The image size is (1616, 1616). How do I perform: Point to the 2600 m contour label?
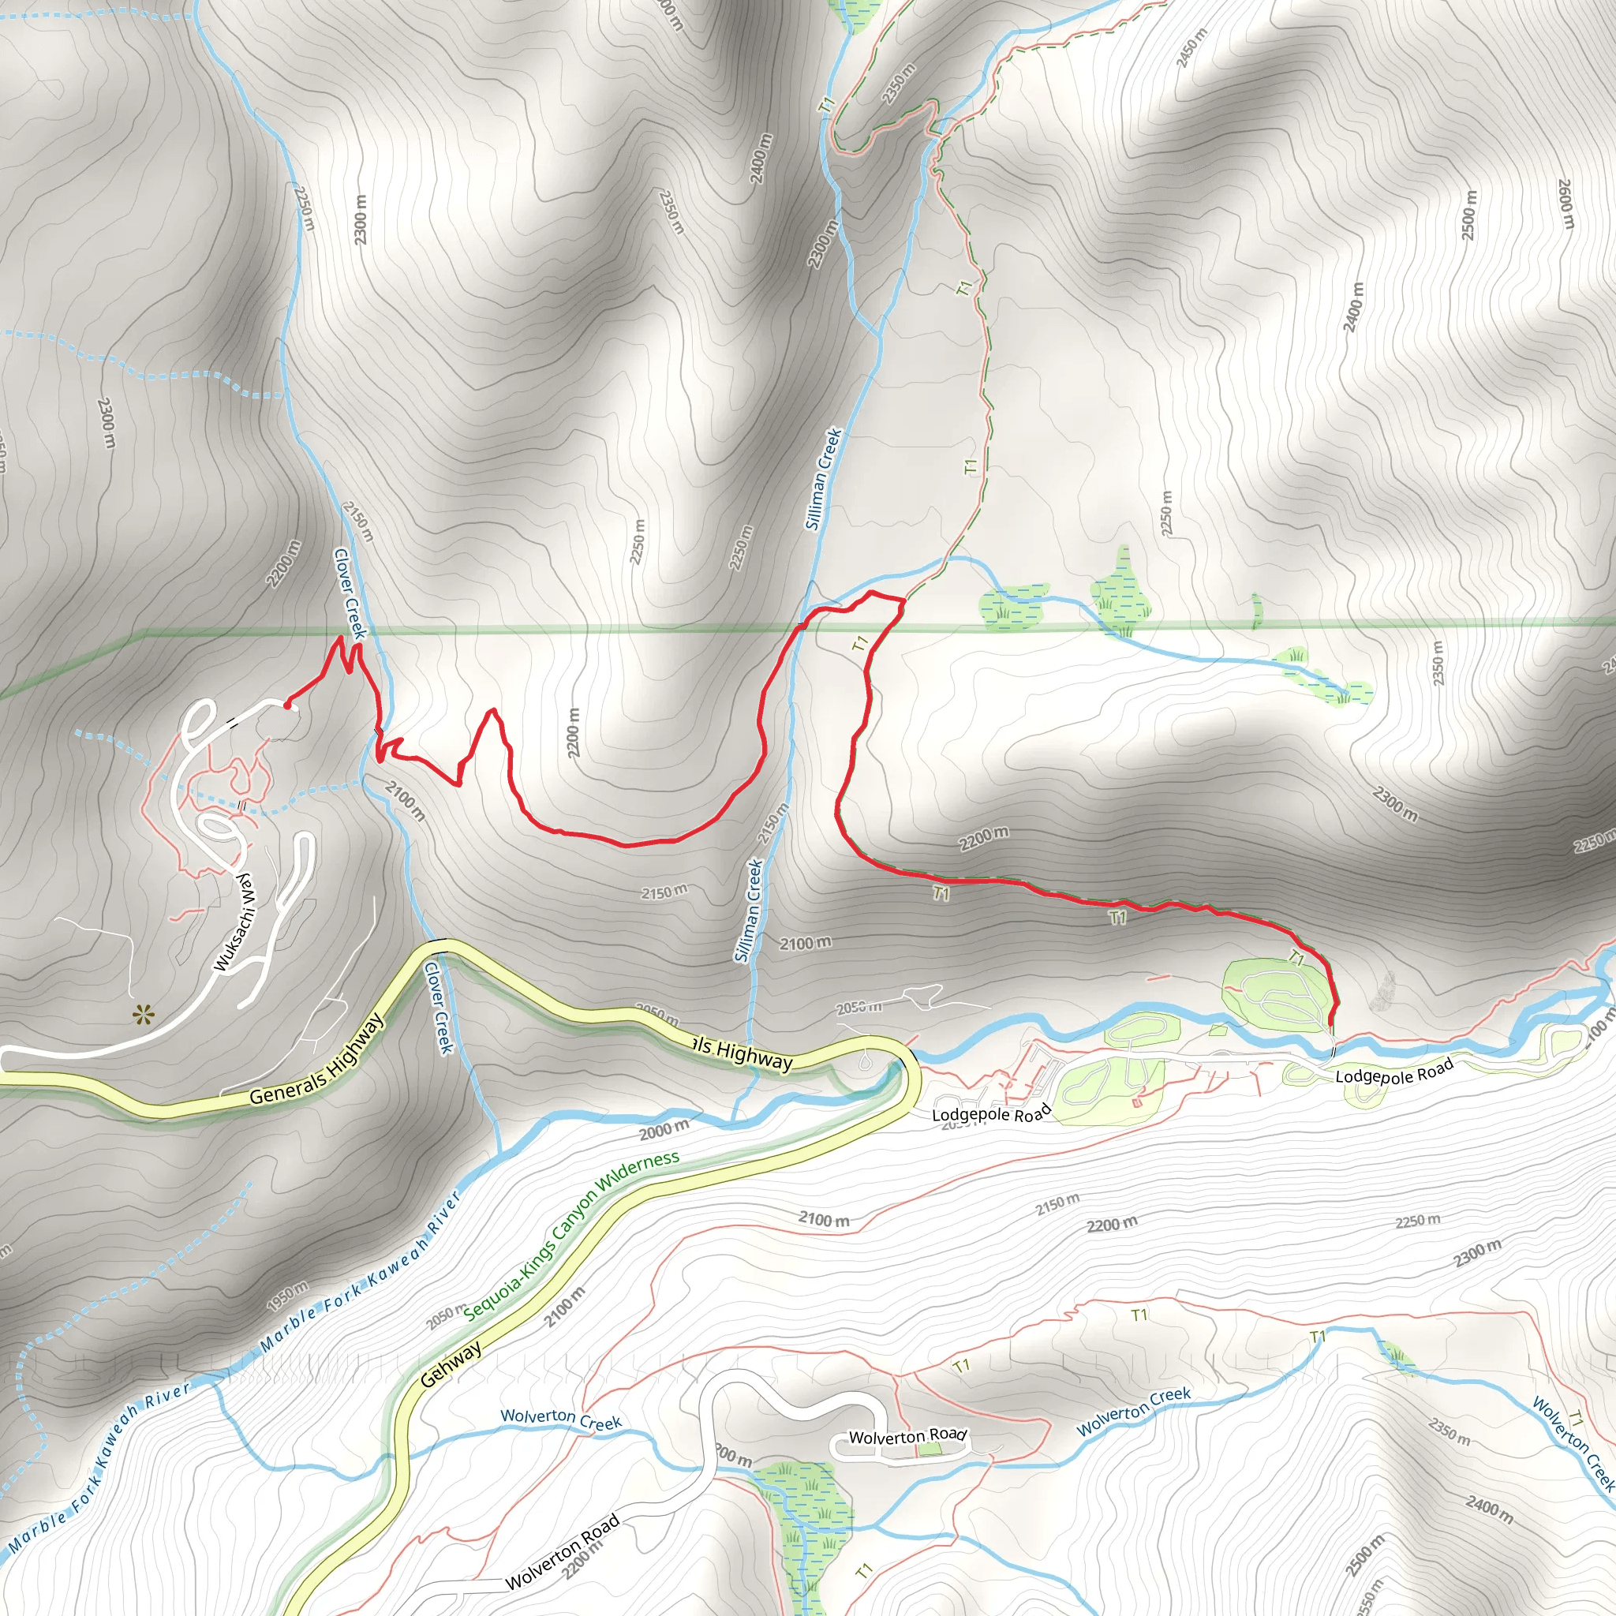click(1565, 204)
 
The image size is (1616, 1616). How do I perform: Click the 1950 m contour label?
click(287, 1296)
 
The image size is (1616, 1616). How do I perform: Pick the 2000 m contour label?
click(664, 1130)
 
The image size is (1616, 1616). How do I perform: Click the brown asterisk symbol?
click(143, 1016)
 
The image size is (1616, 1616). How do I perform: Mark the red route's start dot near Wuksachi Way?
click(287, 706)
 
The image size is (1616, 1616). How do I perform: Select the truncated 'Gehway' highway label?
click(451, 1364)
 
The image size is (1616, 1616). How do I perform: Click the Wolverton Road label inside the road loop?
click(907, 1436)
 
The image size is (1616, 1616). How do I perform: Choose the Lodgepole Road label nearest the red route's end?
click(1394, 1071)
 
